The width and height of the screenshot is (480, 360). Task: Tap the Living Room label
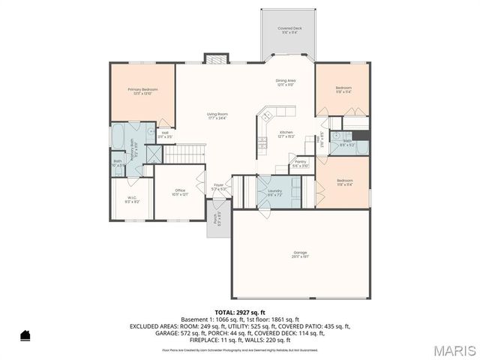[217, 115]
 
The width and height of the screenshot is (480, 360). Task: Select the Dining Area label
[286, 82]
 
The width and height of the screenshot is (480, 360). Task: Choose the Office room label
[180, 193]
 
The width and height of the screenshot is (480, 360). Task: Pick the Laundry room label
[274, 193]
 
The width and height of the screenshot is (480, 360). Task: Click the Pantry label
[300, 163]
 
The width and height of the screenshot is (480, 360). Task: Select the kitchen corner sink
[265, 115]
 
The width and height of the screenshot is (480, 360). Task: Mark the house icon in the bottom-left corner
[25, 334]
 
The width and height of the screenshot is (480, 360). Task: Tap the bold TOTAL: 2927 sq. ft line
[239, 311]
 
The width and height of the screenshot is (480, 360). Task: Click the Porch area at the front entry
[218, 222]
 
